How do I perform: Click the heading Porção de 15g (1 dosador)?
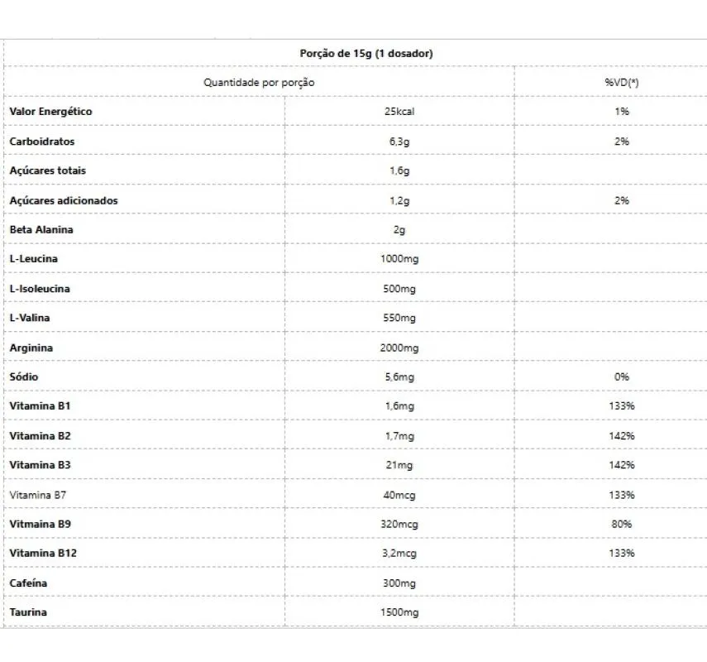(365, 53)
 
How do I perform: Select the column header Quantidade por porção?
(259, 82)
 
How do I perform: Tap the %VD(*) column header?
(622, 82)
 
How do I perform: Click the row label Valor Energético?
(50, 111)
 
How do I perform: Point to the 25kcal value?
(399, 112)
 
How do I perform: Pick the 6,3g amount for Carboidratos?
(399, 142)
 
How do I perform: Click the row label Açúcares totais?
(47, 170)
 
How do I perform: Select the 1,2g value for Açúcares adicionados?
(399, 200)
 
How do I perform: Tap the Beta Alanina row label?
(41, 229)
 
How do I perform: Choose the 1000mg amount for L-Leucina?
(399, 259)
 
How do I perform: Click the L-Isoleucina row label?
(40, 289)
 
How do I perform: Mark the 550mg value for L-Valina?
(399, 318)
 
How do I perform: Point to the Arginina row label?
(31, 348)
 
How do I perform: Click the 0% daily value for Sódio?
(622, 377)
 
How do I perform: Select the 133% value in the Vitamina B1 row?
(622, 406)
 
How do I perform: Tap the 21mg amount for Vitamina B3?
(399, 465)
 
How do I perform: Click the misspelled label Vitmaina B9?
(40, 524)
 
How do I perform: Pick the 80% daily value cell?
(622, 524)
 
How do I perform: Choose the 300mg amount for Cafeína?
(399, 583)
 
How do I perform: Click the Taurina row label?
(28, 612)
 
